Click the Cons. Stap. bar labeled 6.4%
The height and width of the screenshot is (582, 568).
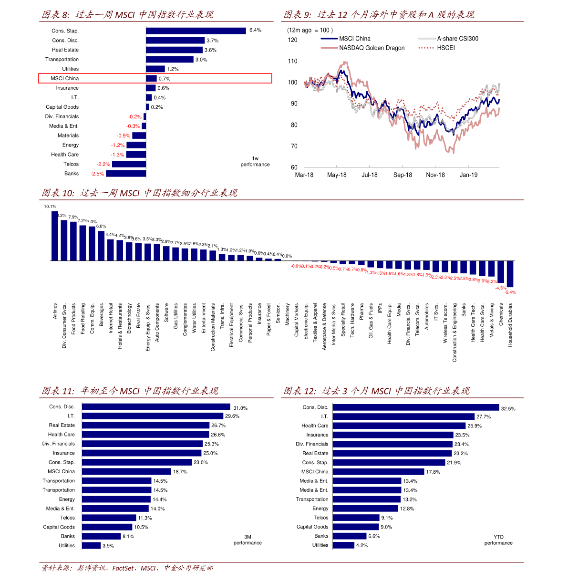tap(196, 31)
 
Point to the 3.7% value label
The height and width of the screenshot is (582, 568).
tap(213, 41)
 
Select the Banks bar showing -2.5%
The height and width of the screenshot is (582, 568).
tap(126, 174)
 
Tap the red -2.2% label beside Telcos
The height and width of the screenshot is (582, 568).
tap(103, 164)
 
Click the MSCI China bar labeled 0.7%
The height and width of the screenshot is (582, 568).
tap(151, 78)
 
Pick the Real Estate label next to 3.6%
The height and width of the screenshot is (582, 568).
tap(65, 50)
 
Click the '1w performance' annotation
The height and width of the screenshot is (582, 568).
tap(255, 162)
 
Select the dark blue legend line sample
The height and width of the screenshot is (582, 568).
tap(330, 39)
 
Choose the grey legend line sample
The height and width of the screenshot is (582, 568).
tap(427, 39)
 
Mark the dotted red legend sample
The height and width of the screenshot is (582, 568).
tap(426, 48)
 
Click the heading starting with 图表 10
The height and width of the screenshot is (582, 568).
tap(139, 193)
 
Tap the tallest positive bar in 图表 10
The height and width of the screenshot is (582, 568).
tap(55, 236)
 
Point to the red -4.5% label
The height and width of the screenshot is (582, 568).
tap(501, 288)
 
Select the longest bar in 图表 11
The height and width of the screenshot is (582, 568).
tap(156, 406)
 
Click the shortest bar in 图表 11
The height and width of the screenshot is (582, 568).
tap(92, 545)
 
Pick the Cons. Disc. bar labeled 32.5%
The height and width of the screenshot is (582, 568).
tap(416, 407)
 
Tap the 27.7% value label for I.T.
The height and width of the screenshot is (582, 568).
tap(484, 416)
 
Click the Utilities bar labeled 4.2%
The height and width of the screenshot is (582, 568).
tap(343, 545)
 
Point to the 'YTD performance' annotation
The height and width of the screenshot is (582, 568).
tap(498, 540)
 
